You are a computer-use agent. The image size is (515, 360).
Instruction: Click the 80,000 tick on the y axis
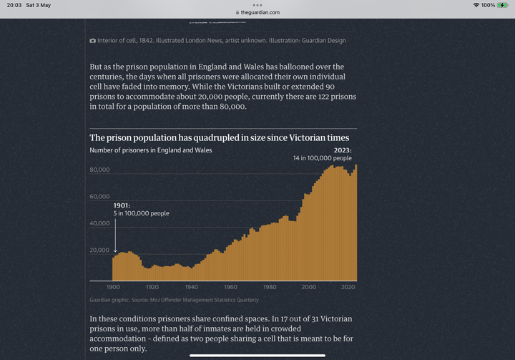[99, 170]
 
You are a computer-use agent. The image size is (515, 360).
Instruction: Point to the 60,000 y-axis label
[99, 197]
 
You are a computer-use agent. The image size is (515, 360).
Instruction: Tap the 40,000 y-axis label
[99, 223]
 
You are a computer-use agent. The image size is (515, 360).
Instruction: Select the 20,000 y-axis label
[99, 250]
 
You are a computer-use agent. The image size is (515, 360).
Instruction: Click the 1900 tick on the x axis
[113, 287]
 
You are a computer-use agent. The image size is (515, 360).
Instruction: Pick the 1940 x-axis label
[192, 287]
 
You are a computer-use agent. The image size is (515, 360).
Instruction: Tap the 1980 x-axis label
[270, 287]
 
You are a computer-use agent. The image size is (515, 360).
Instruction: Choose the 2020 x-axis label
[348, 287]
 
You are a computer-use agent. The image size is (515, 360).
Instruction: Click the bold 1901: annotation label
[122, 205]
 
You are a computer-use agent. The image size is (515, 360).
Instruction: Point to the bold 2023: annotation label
[343, 150]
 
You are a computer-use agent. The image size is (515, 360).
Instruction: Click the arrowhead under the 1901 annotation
[115, 250]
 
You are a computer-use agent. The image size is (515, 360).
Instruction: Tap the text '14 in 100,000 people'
[322, 158]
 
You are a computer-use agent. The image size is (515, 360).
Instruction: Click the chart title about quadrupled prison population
[220, 137]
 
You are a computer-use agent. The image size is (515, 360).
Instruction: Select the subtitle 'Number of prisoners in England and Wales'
[151, 150]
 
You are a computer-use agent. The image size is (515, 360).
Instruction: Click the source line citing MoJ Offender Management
[174, 300]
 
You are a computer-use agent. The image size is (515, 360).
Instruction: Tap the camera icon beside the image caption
[92, 41]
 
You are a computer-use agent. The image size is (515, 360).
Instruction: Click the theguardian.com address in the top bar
[260, 12]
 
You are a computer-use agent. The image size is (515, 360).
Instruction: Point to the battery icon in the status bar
[503, 5]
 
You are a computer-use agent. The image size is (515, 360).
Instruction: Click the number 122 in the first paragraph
[323, 97]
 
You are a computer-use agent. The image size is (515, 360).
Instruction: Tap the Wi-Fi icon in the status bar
[476, 5]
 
